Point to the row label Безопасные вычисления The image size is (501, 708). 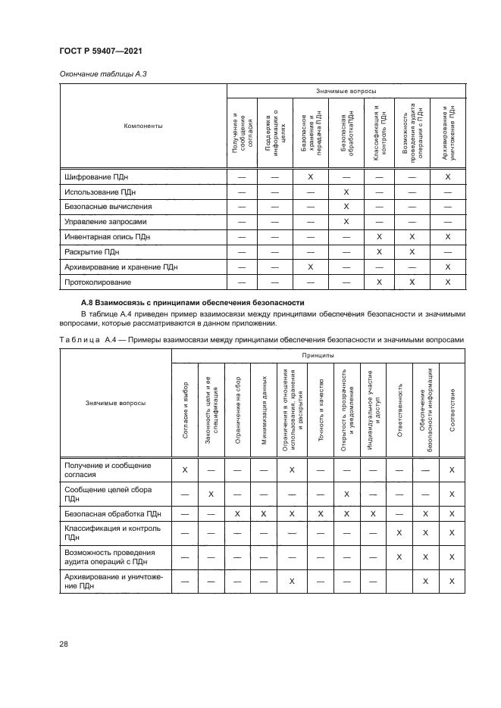[108, 206]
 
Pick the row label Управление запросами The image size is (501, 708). [105, 222]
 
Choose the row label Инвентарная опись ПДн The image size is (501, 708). [109, 237]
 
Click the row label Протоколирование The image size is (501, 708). [99, 282]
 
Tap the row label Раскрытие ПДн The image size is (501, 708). [92, 252]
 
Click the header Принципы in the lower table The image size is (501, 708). [317, 354]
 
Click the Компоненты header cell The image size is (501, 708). [143, 126]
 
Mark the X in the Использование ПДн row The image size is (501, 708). [346, 192]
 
